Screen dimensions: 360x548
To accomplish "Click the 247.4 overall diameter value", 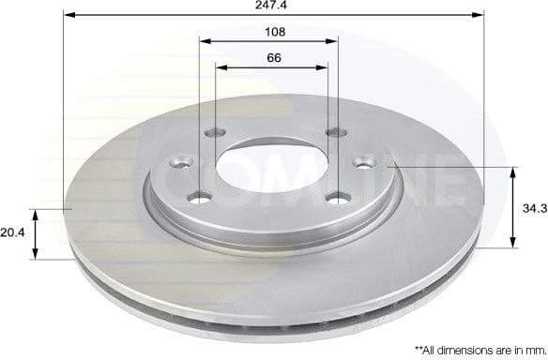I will tap(274, 6).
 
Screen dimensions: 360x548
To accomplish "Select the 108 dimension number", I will tap(274, 31).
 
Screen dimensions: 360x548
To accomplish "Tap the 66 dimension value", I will tap(274, 57).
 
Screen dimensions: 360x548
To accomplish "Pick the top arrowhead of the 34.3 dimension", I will tap(513, 172).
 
